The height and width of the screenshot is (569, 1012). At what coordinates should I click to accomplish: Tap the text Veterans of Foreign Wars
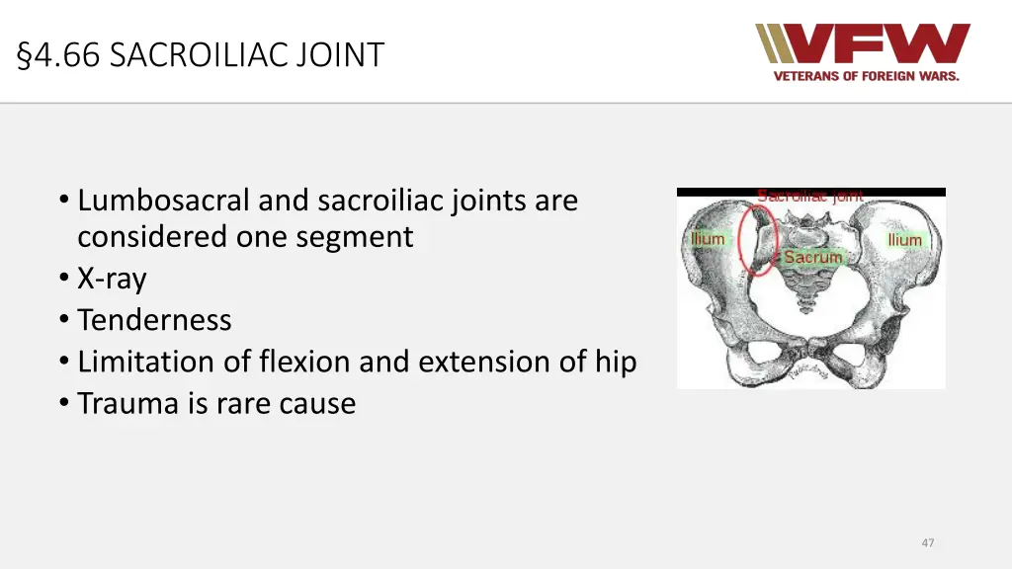pyautogui.click(x=866, y=76)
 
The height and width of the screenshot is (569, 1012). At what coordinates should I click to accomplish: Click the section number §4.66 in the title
pyautogui.click(x=58, y=54)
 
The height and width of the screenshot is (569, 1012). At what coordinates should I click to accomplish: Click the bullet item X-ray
pyautogui.click(x=112, y=279)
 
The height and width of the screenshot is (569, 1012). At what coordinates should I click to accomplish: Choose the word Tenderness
pyautogui.click(x=154, y=320)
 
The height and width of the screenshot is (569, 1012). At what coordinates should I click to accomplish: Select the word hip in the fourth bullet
pyautogui.click(x=615, y=362)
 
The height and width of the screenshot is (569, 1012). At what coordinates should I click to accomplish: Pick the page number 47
pyautogui.click(x=927, y=542)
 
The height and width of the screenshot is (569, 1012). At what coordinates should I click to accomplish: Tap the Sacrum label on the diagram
pyautogui.click(x=812, y=257)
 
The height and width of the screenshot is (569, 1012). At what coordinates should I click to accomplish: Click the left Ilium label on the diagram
pyautogui.click(x=707, y=239)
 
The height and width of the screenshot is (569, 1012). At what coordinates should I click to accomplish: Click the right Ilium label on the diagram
pyautogui.click(x=904, y=240)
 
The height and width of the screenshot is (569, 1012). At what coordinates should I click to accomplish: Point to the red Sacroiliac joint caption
pyautogui.click(x=809, y=196)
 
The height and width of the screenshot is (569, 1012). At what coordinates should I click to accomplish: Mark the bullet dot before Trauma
pyautogui.click(x=64, y=403)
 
